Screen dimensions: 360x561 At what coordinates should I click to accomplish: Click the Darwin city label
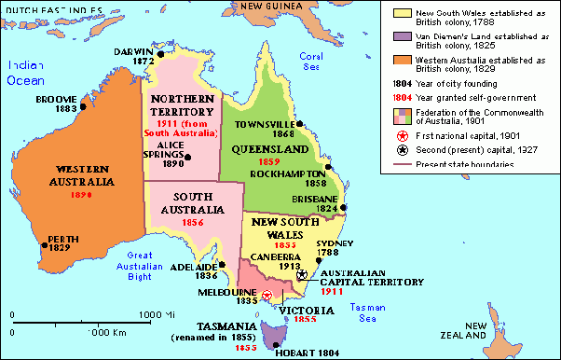(135, 50)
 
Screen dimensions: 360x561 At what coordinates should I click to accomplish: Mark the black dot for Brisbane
(344, 208)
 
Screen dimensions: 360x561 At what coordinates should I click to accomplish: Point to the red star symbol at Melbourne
(267, 296)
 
